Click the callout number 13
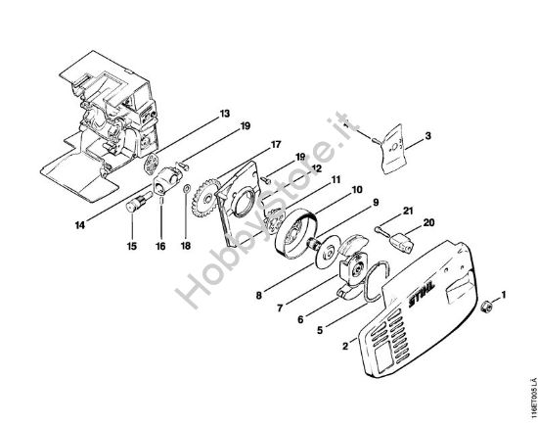point(225,114)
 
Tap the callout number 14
point(80,225)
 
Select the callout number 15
point(132,246)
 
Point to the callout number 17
point(276,144)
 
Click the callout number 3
point(427,136)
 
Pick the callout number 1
point(504,295)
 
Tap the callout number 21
point(408,211)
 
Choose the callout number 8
point(259,296)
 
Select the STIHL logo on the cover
point(422,295)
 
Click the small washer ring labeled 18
point(187,188)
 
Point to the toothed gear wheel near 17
point(207,197)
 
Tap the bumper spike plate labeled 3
point(393,149)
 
